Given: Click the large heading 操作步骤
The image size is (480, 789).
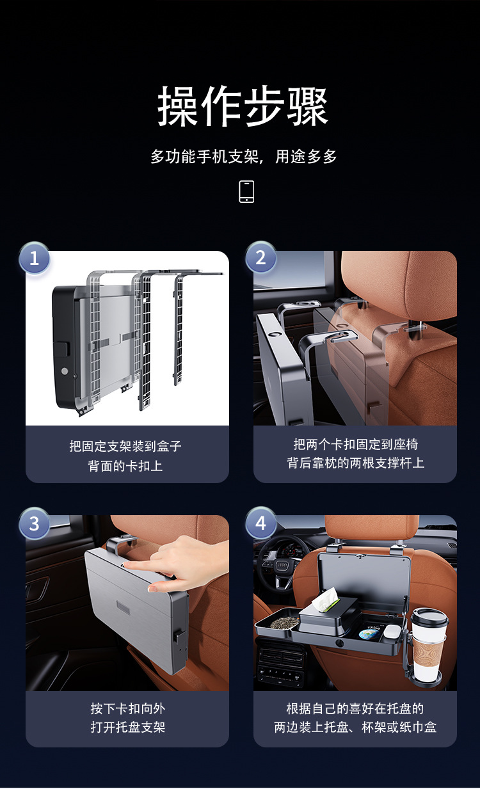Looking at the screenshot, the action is [x=243, y=106].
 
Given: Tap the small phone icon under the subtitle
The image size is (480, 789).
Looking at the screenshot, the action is [x=246, y=191].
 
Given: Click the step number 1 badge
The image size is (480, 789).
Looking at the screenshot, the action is [x=34, y=258].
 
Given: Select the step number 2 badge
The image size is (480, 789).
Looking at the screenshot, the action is [x=260, y=257].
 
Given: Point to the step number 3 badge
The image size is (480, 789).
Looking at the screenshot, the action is [x=34, y=523].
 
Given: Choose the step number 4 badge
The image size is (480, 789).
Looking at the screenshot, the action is [x=260, y=523].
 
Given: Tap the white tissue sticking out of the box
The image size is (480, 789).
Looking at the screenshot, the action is [x=326, y=600].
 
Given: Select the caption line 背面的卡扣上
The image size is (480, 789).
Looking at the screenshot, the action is [x=125, y=466].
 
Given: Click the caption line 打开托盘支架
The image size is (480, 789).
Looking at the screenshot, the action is [x=128, y=727].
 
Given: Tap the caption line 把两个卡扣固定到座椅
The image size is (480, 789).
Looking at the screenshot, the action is [x=356, y=444].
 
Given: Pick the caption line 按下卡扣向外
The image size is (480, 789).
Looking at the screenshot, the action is [x=128, y=708].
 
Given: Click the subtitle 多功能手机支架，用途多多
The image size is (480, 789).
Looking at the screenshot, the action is [x=244, y=156].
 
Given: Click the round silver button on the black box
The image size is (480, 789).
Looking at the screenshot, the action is [x=65, y=371].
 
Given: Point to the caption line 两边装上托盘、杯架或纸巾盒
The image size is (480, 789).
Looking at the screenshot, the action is [x=355, y=727].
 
